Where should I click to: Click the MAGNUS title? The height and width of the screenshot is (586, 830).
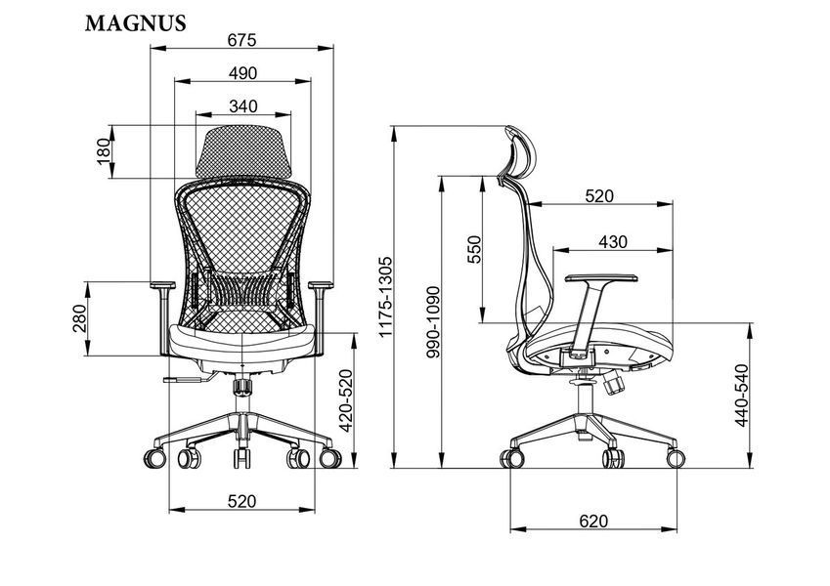coord(136,23)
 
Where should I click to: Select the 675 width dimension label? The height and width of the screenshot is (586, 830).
coord(241,40)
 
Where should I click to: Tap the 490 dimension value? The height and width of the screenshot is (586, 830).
coord(242,73)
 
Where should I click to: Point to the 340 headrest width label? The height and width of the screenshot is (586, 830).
coord(243,106)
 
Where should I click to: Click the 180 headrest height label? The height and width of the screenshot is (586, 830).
coord(105,151)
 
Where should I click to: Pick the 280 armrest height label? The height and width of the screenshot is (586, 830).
coord(79,318)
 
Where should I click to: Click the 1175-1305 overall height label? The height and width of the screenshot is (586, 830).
coord(385,297)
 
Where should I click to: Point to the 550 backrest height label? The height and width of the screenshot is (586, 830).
coord(474,249)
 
